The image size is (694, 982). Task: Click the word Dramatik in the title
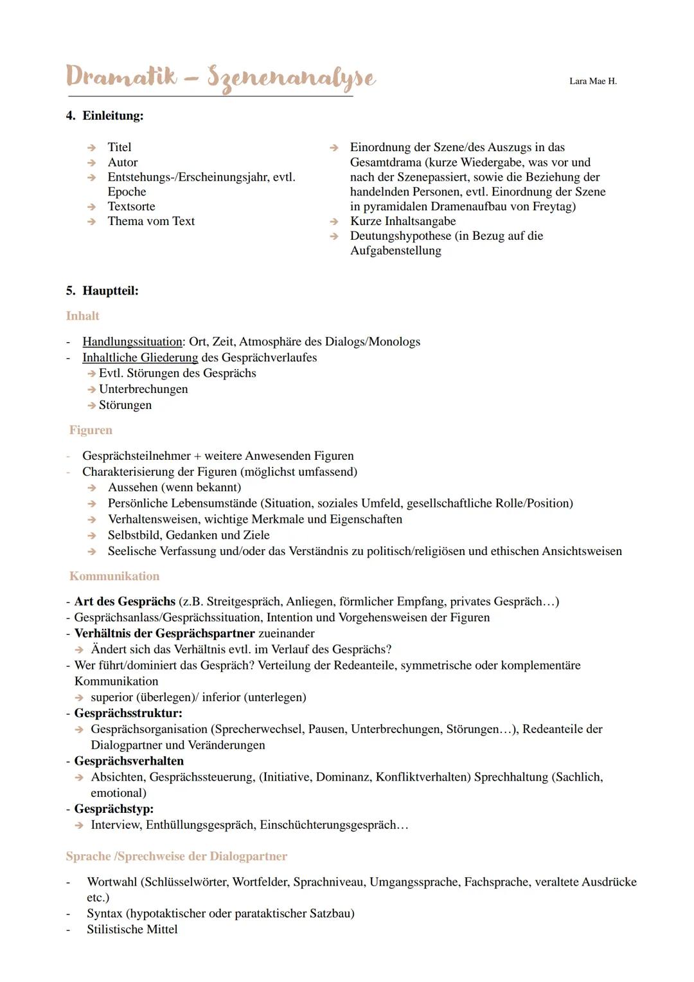pyautogui.click(x=121, y=77)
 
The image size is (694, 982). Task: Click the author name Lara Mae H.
pyautogui.click(x=592, y=81)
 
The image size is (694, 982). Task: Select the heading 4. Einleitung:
pyautogui.click(x=105, y=116)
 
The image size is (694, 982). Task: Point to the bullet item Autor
pyautogui.click(x=123, y=162)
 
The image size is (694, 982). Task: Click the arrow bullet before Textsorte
pyautogui.click(x=92, y=207)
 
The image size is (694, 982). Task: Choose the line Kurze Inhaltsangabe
pyautogui.click(x=402, y=221)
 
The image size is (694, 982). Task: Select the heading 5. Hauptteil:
pyautogui.click(x=102, y=291)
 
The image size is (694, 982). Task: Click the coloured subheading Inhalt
pyautogui.click(x=83, y=316)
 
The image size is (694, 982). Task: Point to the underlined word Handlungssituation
pyautogui.click(x=132, y=341)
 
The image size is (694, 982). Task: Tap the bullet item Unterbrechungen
pyautogui.click(x=143, y=389)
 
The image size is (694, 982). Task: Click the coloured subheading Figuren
pyautogui.click(x=91, y=430)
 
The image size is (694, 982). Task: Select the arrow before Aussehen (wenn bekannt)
pyautogui.click(x=92, y=488)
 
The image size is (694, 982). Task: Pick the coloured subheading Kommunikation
pyautogui.click(x=114, y=576)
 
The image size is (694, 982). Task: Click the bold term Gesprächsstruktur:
pyautogui.click(x=128, y=713)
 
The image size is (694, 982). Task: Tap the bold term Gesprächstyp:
pyautogui.click(x=114, y=809)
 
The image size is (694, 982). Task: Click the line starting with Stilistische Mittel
pyautogui.click(x=132, y=929)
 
